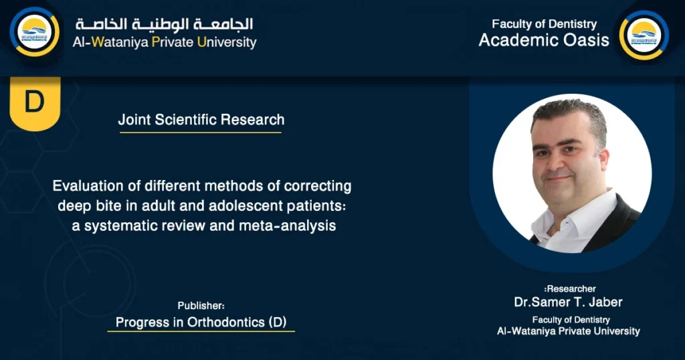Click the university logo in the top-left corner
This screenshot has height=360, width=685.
(34, 31)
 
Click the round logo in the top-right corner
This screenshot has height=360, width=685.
(644, 35)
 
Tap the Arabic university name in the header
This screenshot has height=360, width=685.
(165, 24)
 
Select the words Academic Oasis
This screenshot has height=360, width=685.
(544, 40)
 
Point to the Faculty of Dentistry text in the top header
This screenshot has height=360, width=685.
(544, 24)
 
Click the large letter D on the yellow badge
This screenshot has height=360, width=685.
(34, 102)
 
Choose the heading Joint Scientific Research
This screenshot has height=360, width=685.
(201, 120)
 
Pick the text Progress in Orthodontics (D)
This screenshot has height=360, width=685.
(201, 322)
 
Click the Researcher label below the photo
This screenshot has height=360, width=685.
(570, 289)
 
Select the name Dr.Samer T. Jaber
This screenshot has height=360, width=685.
(568, 302)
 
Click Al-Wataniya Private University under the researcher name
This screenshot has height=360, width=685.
(568, 331)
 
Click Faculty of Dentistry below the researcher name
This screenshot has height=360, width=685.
(571, 320)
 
